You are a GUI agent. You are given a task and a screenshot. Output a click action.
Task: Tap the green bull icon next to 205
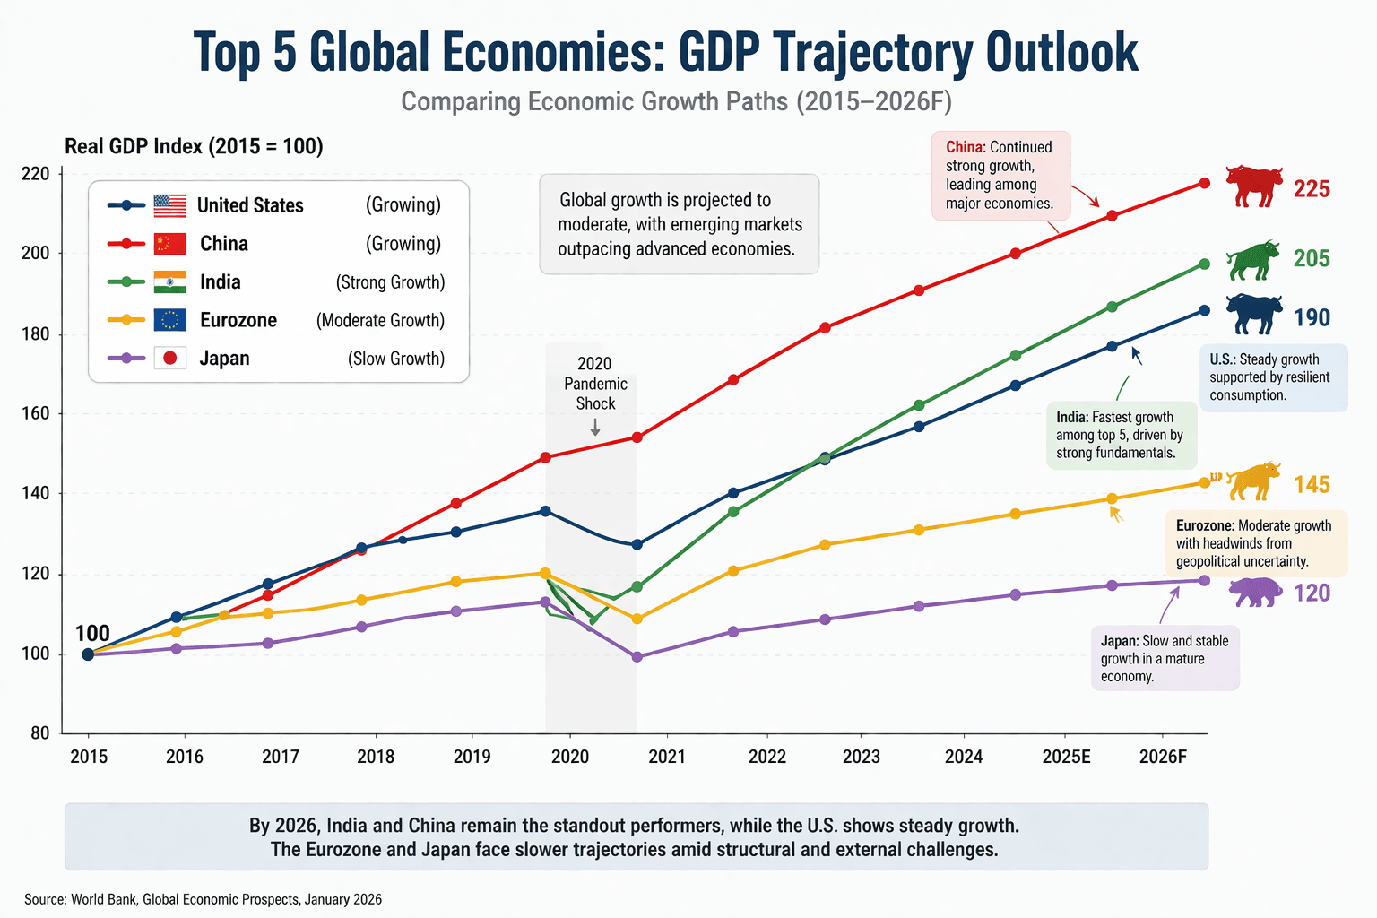tap(1252, 260)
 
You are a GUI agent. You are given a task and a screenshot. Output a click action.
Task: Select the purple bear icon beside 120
tap(1254, 592)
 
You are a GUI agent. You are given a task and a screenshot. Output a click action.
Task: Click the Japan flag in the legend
tap(169, 359)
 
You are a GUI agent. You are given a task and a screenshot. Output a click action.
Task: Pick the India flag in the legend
tap(169, 282)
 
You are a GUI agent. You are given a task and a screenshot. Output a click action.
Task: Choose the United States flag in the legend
tap(169, 205)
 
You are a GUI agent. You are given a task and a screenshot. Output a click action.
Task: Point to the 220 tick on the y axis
tap(36, 174)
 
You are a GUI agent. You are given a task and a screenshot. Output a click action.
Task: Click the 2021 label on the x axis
tap(666, 757)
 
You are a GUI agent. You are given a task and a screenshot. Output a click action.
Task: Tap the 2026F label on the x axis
tap(1163, 757)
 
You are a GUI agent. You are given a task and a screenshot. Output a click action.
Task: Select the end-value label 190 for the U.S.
tap(1312, 318)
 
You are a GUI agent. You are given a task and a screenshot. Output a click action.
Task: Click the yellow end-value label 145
tap(1312, 485)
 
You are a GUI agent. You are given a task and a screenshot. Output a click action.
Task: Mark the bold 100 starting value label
tap(92, 634)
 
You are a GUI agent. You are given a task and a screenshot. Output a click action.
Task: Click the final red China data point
tap(1204, 183)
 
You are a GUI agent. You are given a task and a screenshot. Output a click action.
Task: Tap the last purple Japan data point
tap(1204, 581)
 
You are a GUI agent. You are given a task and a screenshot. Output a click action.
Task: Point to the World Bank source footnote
tap(203, 899)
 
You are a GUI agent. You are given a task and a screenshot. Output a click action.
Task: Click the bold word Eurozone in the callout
tap(1205, 525)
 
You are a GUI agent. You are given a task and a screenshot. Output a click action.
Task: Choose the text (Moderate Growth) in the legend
tap(380, 321)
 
